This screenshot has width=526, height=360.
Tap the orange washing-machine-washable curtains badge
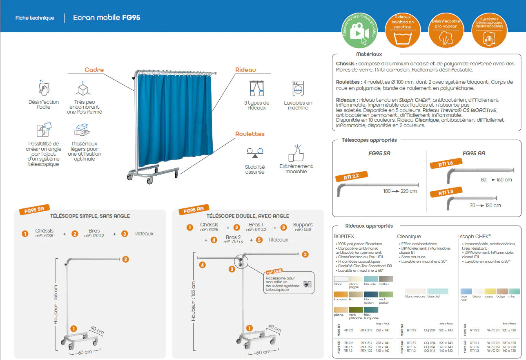[403, 31]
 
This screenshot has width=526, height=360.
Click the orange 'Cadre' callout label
[94, 70]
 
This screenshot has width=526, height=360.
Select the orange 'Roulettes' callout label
[250, 134]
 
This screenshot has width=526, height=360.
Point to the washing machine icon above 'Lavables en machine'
[298, 88]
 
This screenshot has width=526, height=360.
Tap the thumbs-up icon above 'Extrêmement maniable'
[296, 153]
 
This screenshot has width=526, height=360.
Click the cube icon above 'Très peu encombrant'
[83, 88]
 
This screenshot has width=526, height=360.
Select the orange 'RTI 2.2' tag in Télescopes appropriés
[351, 177]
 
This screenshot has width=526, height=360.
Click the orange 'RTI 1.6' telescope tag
[446, 163]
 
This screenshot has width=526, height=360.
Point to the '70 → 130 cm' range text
[485, 205]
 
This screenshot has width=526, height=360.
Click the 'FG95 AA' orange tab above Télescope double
[194, 211]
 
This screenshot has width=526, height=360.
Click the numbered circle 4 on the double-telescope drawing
[203, 265]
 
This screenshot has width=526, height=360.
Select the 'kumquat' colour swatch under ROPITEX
[341, 294]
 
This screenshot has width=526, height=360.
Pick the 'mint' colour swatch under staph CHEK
[514, 291]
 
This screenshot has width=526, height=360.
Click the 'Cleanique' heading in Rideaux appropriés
[409, 236]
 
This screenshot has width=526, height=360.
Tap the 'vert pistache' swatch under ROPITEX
[356, 310]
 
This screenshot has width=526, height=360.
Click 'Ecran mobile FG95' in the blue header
[107, 18]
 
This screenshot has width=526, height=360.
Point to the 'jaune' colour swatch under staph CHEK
[490, 291]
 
